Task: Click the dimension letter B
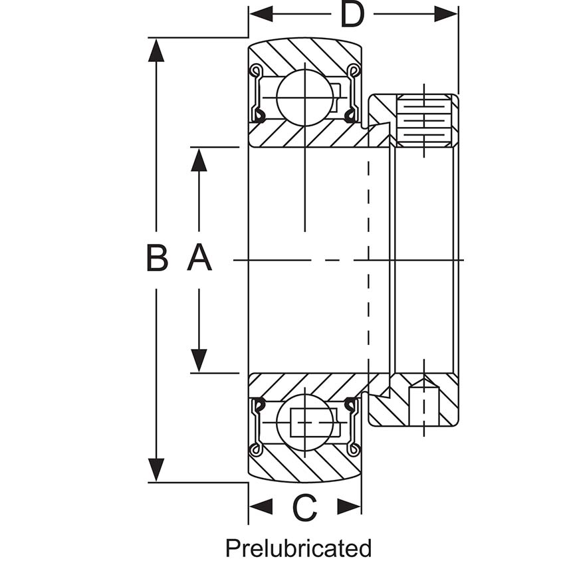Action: click(x=157, y=259)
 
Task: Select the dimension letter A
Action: click(x=199, y=259)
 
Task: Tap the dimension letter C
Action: click(x=304, y=508)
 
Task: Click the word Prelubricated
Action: click(x=298, y=548)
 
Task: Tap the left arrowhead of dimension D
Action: click(x=260, y=14)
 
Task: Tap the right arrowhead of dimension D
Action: click(x=446, y=14)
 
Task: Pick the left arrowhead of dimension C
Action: click(x=260, y=507)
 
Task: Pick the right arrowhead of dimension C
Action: click(x=350, y=507)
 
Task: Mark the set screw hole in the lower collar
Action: click(x=423, y=404)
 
